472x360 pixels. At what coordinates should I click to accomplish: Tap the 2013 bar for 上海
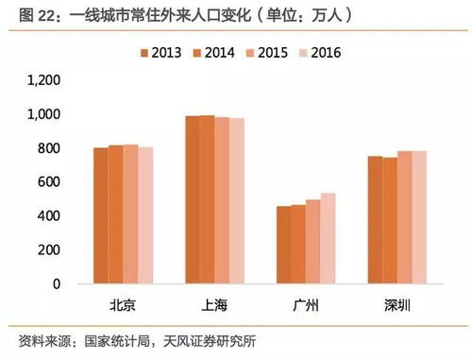coord(193,199)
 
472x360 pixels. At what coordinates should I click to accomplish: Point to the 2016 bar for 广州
coord(328,238)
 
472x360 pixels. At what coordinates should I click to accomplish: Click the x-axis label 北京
coord(123,306)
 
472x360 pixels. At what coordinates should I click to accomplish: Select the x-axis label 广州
coord(306,306)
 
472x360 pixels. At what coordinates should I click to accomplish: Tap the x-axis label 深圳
coord(397,306)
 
